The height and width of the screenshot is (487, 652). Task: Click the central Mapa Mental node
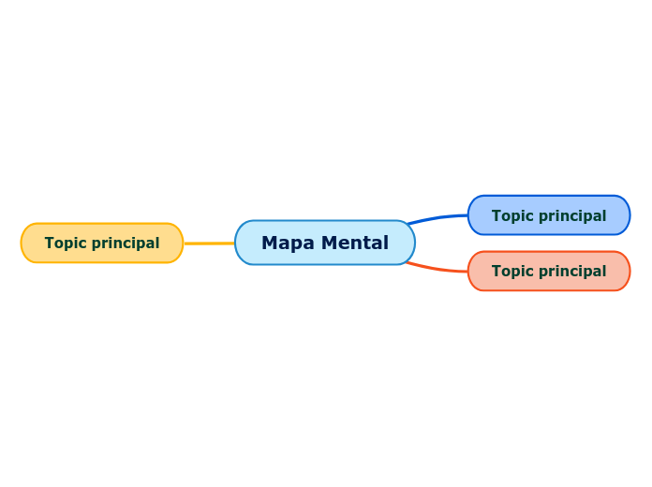click(x=325, y=243)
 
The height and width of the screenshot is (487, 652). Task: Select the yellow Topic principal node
click(x=102, y=243)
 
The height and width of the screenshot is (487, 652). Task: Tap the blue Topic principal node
click(x=549, y=215)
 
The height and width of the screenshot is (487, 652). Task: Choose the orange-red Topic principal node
click(x=549, y=271)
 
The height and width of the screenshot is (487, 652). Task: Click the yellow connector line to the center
click(x=209, y=243)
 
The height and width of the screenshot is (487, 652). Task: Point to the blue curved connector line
click(x=438, y=218)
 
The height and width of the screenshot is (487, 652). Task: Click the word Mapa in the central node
click(x=288, y=243)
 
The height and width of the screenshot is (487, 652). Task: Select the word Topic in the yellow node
click(x=63, y=243)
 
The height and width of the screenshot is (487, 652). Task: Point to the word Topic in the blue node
click(x=510, y=216)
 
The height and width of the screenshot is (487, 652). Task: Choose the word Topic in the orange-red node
click(x=510, y=272)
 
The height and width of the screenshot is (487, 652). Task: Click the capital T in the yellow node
click(x=49, y=243)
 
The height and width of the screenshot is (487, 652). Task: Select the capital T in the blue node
click(x=496, y=216)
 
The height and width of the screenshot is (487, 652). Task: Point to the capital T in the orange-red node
click(x=496, y=272)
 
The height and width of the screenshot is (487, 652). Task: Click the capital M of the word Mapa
click(x=269, y=243)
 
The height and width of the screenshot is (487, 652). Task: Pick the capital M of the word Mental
click(x=328, y=243)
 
